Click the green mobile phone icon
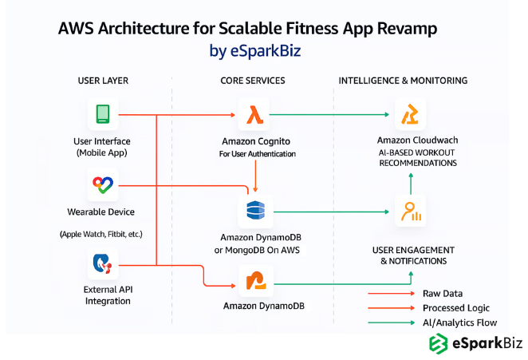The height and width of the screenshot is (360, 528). (x=103, y=114)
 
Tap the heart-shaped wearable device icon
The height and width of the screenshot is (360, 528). (x=103, y=187)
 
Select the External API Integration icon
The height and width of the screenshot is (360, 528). (x=103, y=263)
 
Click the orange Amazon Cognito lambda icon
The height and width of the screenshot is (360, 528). (x=256, y=114)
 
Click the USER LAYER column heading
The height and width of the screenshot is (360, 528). (x=103, y=81)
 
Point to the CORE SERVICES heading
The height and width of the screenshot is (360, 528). (x=253, y=81)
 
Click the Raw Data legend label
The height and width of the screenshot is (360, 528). (x=442, y=294)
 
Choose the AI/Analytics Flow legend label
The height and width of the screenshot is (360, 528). (x=459, y=322)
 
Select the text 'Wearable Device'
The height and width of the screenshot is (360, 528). (x=101, y=212)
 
